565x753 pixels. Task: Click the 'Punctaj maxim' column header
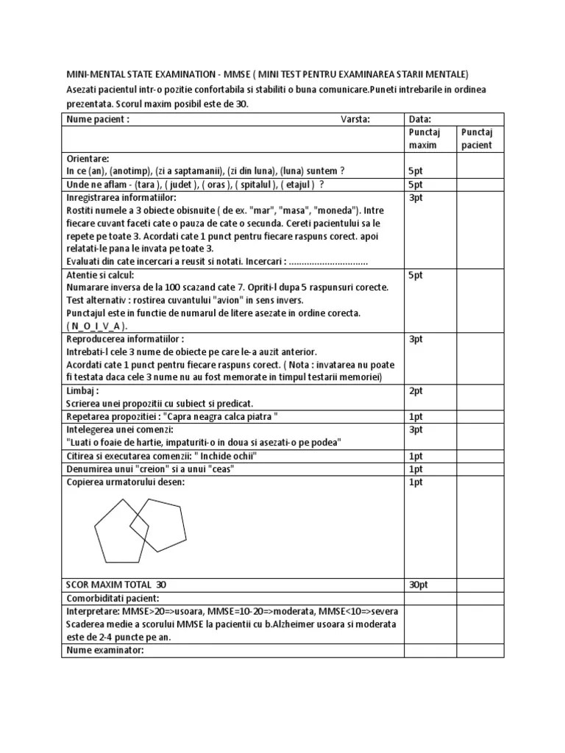click(x=424, y=138)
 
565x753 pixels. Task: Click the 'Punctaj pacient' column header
click(x=477, y=138)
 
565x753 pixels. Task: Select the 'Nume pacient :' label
click(x=98, y=119)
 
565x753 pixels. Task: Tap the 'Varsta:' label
click(x=355, y=119)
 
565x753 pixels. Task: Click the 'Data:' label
click(x=419, y=119)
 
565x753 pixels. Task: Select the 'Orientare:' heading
click(x=88, y=158)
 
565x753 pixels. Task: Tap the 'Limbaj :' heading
click(x=82, y=391)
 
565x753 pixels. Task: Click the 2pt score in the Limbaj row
click(x=416, y=391)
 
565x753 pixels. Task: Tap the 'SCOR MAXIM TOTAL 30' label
click(x=116, y=584)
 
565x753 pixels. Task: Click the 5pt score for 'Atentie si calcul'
click(x=416, y=275)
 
